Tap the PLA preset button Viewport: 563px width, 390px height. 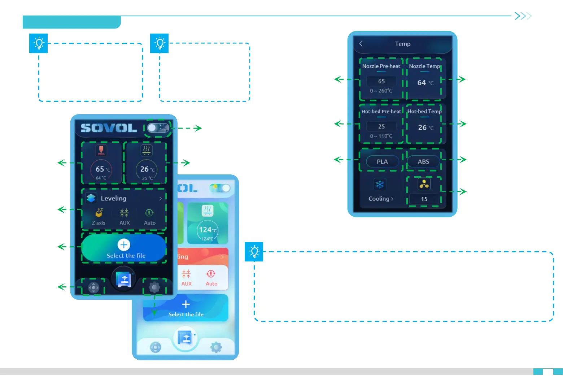382,161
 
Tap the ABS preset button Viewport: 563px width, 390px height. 423,161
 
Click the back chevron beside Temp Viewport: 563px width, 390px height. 361,44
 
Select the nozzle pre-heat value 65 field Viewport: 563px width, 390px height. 381,81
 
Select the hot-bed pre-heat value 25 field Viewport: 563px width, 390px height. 381,126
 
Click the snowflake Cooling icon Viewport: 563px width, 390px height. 380,185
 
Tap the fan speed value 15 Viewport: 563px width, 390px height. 424,199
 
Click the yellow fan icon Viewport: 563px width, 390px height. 424,184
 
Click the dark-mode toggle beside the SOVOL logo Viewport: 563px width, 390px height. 158,128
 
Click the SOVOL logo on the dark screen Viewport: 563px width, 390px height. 109,128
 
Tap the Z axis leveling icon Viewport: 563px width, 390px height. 99,213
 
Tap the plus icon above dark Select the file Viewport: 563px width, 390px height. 124,245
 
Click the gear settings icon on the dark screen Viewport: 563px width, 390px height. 154,287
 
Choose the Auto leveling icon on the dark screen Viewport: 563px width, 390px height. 149,213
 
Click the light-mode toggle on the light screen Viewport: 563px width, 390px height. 220,188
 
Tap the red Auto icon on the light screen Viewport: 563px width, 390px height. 211,274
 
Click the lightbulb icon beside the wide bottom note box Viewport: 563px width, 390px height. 254,251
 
